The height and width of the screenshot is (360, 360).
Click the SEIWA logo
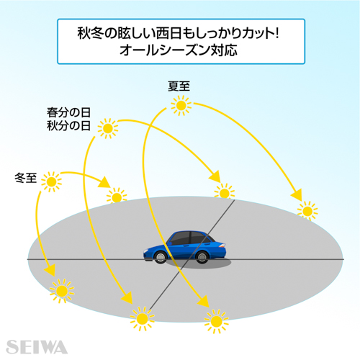tap(37, 347)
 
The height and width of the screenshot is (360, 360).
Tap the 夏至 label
tap(179, 86)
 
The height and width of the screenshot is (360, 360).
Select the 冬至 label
tap(26, 178)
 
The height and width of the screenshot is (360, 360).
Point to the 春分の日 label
tap(68, 112)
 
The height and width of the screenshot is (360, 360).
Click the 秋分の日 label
tap(68, 125)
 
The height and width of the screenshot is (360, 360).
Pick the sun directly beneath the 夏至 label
tap(181, 105)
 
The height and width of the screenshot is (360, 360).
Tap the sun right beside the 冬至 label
tap(51, 182)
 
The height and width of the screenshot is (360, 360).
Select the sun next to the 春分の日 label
tap(108, 128)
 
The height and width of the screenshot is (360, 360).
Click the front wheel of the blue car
tap(160, 257)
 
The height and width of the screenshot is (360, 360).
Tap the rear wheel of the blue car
tap(202, 257)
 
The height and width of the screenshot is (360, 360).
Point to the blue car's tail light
tap(222, 246)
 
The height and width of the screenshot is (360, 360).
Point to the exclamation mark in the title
tap(277, 33)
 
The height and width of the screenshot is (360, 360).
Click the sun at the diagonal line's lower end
tap(142, 318)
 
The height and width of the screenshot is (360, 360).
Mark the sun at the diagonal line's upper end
tap(225, 193)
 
